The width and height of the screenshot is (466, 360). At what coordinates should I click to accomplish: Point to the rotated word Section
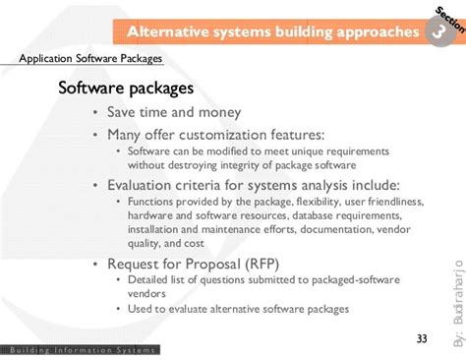[445, 18]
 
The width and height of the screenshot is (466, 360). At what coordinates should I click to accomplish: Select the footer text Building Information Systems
[80, 350]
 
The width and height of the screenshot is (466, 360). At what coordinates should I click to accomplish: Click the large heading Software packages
[125, 90]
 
